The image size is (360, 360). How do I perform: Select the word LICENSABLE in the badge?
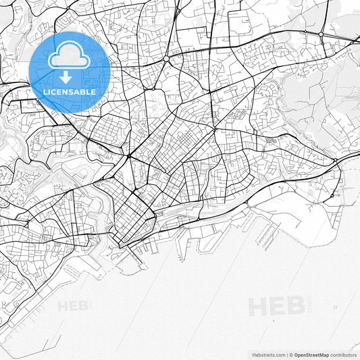70,92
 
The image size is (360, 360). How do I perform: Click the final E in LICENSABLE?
93,92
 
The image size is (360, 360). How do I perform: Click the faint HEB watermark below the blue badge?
73,306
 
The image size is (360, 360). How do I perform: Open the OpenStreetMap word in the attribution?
311,355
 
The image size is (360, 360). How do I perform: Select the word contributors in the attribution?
343,355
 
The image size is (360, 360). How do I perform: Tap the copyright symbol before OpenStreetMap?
290,355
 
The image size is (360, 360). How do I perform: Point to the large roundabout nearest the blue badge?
166,59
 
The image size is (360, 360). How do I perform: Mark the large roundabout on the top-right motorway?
305,32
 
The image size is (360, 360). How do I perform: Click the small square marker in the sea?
336,308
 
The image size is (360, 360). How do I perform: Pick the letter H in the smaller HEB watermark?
63,306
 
